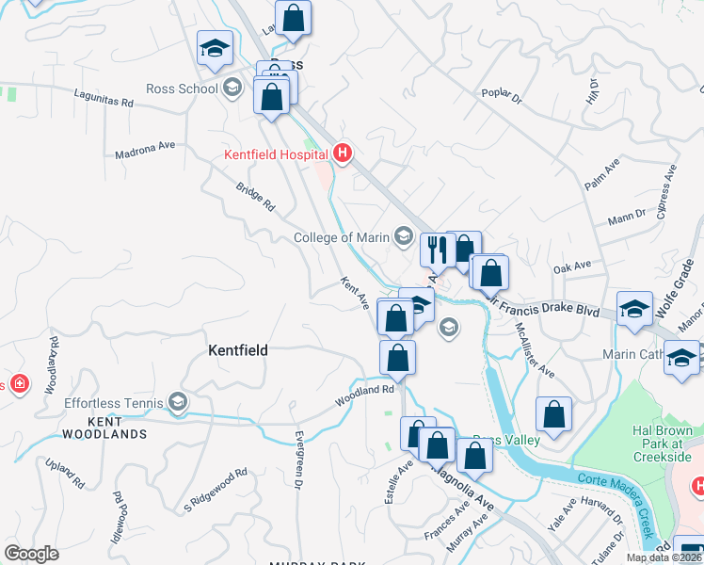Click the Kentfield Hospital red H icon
tap(343, 153)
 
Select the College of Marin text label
tap(341, 237)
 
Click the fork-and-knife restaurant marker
tap(436, 250)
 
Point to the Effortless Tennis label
tap(113, 404)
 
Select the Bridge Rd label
tap(255, 196)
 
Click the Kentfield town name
tap(237, 350)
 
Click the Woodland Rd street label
tap(365, 395)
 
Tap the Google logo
tap(31, 554)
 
